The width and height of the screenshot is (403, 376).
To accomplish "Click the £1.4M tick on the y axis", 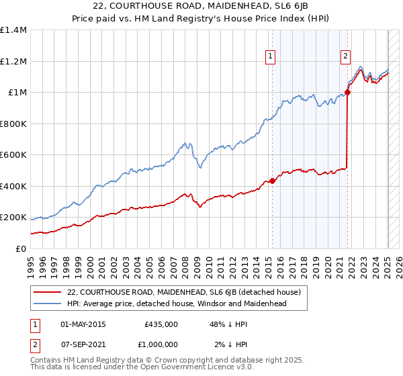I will pos(13,30).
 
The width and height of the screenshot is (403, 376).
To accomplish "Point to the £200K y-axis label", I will pos(13,218).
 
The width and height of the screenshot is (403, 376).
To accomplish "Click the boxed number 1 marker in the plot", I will pos(270,56).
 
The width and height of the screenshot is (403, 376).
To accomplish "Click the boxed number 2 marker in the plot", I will pos(345,56).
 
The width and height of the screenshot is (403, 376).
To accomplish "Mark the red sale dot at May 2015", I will pos(272,181).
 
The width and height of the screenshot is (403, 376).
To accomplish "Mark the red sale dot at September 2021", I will pos(347,93).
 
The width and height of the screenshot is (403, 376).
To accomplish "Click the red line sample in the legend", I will pos(48,292).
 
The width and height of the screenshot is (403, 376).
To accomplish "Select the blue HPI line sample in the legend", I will pos(48,303).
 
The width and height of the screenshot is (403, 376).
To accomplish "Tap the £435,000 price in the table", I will pos(161,324).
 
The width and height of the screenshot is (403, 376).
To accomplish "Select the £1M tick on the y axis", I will pos(17,93).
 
